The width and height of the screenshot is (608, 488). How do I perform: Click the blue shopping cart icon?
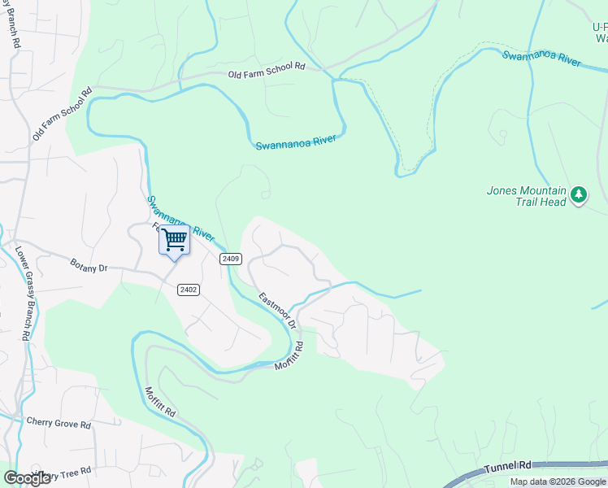tap(174, 241)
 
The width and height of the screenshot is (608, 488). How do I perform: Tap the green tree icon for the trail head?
tap(579, 194)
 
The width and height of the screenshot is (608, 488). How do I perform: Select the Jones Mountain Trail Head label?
tap(526, 197)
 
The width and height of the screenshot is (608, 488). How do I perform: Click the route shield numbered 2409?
tap(231, 259)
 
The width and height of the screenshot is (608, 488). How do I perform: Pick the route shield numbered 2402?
tap(189, 290)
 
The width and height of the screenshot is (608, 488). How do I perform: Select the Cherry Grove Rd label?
tap(58, 423)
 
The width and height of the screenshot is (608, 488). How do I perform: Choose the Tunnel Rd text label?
tap(508, 467)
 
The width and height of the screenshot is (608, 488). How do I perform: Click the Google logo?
tap(26, 478)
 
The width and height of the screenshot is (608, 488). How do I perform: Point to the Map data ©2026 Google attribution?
tap(558, 481)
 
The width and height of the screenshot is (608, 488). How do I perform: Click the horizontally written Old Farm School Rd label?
tap(266, 72)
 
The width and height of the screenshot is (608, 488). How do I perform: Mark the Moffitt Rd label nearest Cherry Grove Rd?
tap(160, 402)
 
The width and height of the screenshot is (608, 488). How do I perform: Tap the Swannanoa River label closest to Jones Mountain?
tap(541, 59)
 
